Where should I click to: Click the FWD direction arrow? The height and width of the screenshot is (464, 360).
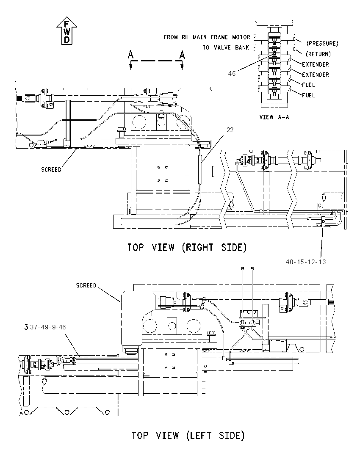coord(66,30)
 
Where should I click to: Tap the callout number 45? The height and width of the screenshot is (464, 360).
coord(232,73)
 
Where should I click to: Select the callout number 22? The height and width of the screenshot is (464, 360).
coord(230,130)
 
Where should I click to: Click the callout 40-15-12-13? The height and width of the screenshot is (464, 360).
coord(306,262)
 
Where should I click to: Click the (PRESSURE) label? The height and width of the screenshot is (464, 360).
coord(322,44)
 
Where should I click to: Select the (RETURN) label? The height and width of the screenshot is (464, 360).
coord(318,54)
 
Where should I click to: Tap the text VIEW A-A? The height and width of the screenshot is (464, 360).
coord(274,117)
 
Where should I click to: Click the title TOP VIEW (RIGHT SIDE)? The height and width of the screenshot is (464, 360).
coord(187,247)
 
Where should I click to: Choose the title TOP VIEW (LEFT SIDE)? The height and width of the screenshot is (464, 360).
coord(188,435)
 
